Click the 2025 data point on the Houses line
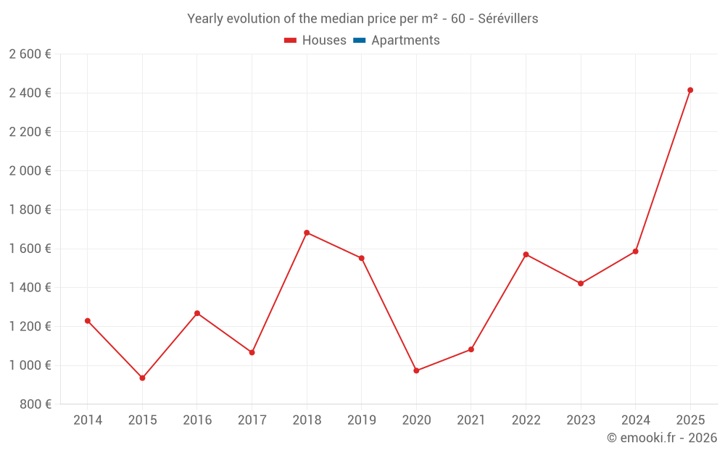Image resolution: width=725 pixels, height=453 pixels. pos(690,90)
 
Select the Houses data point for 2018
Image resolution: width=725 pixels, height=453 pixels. pos(307,233)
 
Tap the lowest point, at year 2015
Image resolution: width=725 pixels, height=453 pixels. pos(142,378)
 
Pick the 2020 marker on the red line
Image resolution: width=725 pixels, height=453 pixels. pos(416,370)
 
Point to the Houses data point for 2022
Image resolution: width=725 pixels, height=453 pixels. pos(526,254)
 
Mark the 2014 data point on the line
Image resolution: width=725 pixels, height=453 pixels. pos(88,320)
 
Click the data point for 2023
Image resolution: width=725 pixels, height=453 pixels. pos(581,283)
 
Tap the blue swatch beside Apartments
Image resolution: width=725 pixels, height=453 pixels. pos(359,41)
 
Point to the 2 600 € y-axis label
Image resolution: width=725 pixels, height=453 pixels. pos(30,54)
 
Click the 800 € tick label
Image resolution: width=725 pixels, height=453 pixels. pos(36,404)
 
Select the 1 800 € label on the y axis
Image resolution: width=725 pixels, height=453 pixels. pos(30,209)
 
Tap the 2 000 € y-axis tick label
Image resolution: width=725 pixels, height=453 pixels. pos(30,170)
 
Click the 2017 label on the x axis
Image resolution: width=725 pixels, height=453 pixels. pos(252,420)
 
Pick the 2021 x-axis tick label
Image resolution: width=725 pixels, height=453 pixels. pos(471,420)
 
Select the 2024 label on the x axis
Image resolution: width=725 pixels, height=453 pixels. pos(635,420)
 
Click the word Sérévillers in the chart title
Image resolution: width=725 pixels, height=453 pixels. pos(508,19)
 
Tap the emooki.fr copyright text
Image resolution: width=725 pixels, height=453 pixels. pos(662,438)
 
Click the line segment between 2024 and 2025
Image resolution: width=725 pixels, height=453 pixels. pos(663,170)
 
